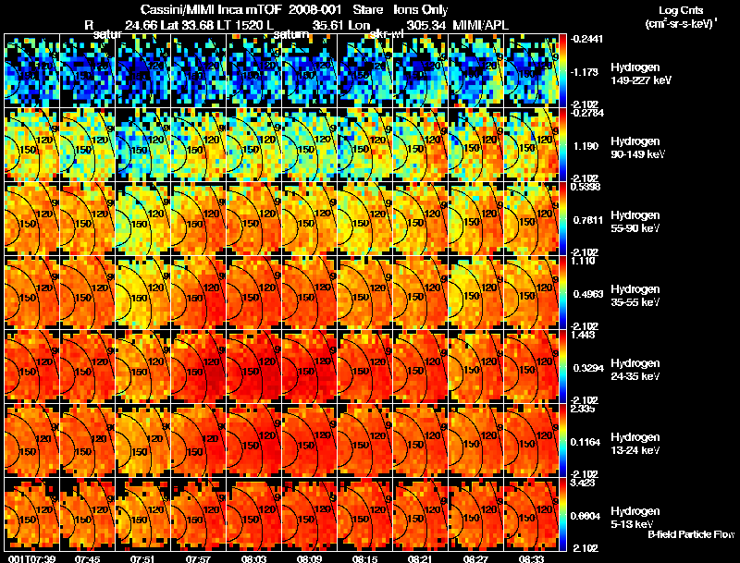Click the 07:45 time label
(88, 558)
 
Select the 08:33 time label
(532, 558)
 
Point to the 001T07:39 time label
(30, 558)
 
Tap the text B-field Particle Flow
(690, 534)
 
